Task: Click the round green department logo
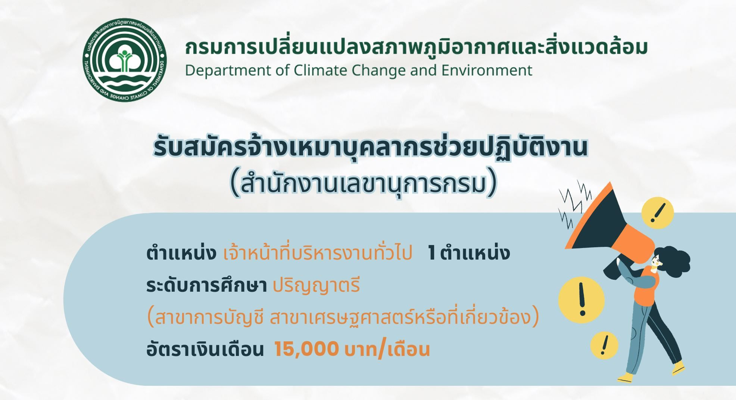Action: pyautogui.click(x=125, y=61)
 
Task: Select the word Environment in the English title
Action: pyautogui.click(x=487, y=70)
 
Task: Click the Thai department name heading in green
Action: pyautogui.click(x=416, y=47)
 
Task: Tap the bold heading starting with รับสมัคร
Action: pyautogui.click(x=370, y=147)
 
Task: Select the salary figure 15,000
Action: pyautogui.click(x=306, y=349)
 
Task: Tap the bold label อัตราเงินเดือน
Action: pyautogui.click(x=205, y=350)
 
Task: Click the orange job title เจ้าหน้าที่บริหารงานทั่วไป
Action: pyautogui.click(x=318, y=253)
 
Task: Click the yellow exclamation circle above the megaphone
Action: pyautogui.click(x=658, y=213)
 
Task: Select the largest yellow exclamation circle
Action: pyautogui.click(x=581, y=300)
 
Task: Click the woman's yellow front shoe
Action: pyautogui.click(x=626, y=377)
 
